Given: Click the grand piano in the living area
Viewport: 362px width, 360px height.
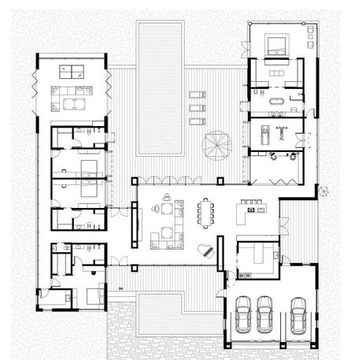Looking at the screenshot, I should [x=207, y=251].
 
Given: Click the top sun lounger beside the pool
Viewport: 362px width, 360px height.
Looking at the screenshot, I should [x=197, y=96].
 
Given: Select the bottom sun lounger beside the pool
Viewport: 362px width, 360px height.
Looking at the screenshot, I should [x=197, y=121].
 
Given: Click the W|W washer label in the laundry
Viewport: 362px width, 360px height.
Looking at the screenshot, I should [x=244, y=276].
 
